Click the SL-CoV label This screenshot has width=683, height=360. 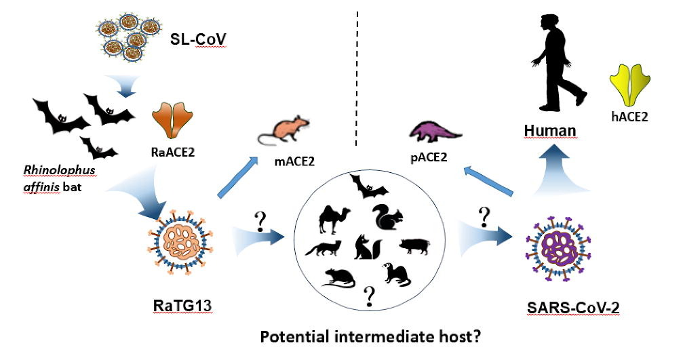pos(197,45)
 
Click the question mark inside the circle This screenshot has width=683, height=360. pos(370,295)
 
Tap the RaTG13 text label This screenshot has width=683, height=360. pos(181,304)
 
